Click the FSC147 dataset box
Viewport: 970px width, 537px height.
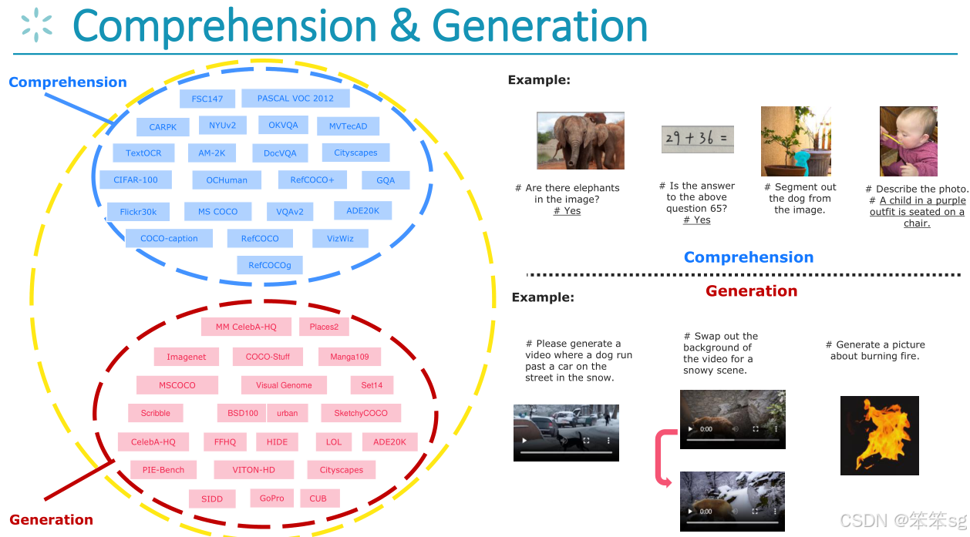(x=207, y=99)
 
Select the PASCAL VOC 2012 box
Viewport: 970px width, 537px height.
(x=295, y=99)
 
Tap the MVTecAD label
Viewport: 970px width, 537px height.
(x=349, y=126)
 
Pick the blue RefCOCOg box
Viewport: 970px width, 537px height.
(x=270, y=266)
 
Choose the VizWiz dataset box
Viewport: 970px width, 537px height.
(x=340, y=239)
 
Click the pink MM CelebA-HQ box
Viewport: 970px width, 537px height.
(x=246, y=327)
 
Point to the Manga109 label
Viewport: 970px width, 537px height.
(x=349, y=357)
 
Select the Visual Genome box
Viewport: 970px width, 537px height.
(x=284, y=385)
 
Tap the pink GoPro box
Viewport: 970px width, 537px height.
(x=271, y=498)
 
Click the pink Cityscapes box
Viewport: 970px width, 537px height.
(x=341, y=470)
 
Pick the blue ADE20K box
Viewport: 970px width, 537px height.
(x=363, y=210)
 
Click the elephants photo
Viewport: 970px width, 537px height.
(x=580, y=140)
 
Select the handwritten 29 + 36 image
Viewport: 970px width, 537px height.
(x=697, y=139)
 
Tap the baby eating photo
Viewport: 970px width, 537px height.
(x=908, y=141)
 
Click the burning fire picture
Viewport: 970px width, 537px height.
(x=879, y=435)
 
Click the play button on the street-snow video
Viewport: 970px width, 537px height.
(x=525, y=441)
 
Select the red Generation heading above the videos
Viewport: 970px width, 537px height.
(x=751, y=291)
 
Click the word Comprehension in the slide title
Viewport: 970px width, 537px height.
(x=227, y=25)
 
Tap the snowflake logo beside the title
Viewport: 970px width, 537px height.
(x=37, y=24)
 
